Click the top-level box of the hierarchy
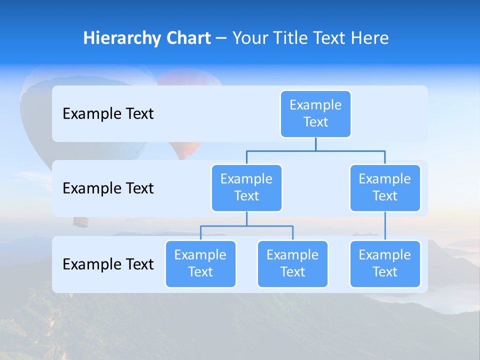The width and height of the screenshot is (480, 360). click(315, 114)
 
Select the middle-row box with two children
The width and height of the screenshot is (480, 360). click(246, 188)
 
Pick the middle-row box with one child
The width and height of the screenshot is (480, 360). click(385, 188)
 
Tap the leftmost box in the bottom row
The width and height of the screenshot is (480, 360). click(200, 264)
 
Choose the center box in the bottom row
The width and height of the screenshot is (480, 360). click(292, 264)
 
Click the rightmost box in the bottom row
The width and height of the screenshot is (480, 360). click(385, 264)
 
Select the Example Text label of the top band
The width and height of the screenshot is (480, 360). click(108, 114)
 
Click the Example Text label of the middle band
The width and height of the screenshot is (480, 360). click(108, 188)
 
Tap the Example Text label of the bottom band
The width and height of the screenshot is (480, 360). click(108, 264)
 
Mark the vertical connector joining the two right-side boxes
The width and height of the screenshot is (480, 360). click(385, 226)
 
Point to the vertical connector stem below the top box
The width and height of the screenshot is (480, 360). click(315, 144)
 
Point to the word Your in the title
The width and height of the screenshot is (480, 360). click(250, 38)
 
